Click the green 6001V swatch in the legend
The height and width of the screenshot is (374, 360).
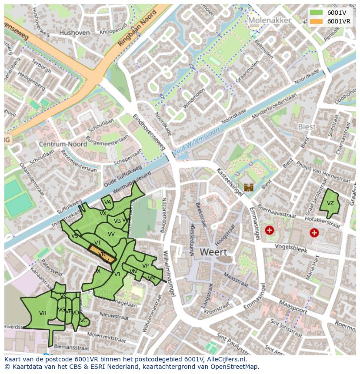point(316,13)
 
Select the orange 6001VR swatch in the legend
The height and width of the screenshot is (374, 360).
point(316,21)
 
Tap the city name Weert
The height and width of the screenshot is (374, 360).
point(213,252)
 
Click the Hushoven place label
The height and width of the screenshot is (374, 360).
point(74,33)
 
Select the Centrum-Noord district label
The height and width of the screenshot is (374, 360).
point(62,144)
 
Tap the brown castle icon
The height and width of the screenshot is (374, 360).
point(249,188)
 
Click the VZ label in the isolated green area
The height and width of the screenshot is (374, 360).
point(330,203)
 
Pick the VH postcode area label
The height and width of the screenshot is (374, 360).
point(43,313)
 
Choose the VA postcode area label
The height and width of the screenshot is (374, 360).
point(108,202)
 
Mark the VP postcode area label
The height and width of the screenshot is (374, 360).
point(145,266)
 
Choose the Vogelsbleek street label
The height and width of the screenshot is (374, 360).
point(291,248)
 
